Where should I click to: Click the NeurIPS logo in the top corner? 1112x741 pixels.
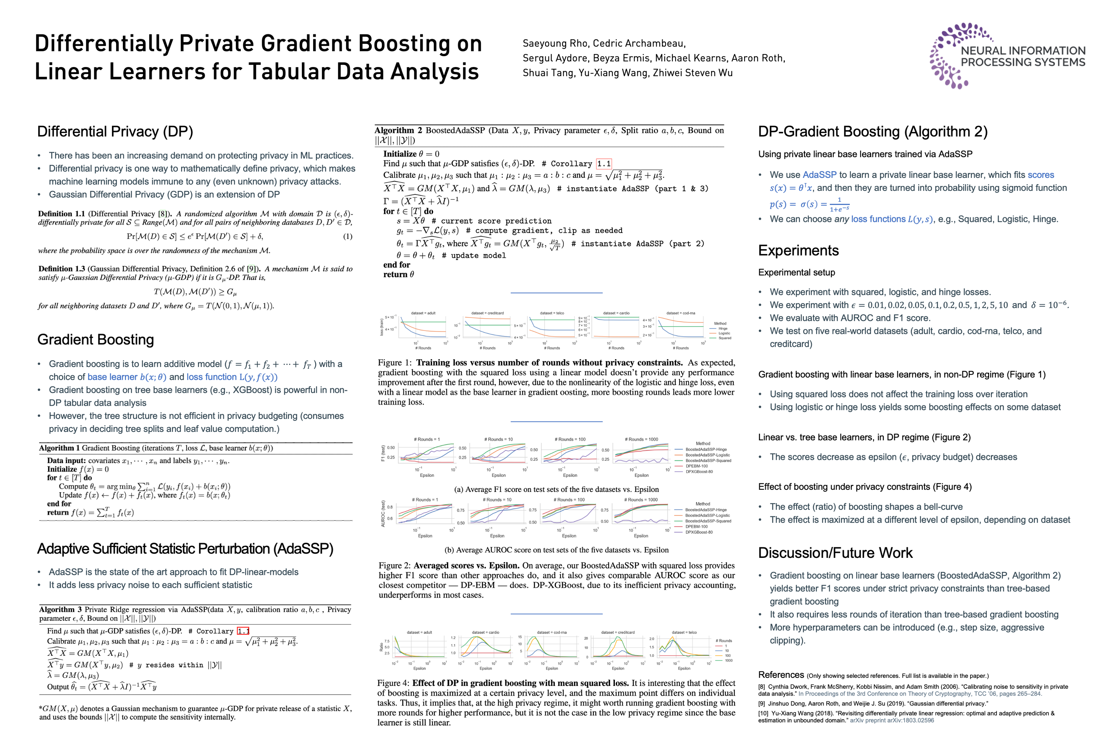1007,56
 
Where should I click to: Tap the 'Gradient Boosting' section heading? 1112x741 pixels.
96,339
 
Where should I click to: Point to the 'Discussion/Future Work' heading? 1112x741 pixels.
835,553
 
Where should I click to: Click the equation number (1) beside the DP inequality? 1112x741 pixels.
347,236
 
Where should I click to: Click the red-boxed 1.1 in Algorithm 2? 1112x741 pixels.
603,163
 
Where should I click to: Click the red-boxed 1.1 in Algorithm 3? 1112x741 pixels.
243,631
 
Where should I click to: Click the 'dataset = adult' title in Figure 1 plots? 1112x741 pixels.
423,313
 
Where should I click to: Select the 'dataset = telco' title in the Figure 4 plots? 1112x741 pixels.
684,632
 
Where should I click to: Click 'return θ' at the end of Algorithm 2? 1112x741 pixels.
398,275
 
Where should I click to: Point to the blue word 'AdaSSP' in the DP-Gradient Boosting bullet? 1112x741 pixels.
819,175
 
